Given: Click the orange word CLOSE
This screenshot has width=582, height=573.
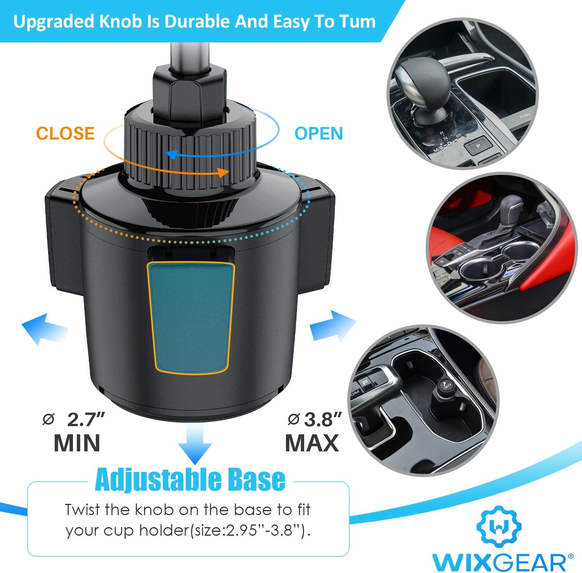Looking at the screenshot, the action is pos(65,133).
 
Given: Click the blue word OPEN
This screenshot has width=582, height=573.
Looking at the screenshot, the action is pos(319,133).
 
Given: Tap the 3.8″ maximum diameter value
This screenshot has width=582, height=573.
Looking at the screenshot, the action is pos(323,420).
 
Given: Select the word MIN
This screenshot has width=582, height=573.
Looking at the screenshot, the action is pos(77,443).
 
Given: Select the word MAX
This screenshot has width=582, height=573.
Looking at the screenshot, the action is pos(312,443).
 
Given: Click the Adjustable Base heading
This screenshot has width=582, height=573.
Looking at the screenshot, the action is pos(190,480).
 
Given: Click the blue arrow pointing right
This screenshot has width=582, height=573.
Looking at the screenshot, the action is pos(333,326).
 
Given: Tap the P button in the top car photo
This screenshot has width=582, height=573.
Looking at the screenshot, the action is pos(478,146).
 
